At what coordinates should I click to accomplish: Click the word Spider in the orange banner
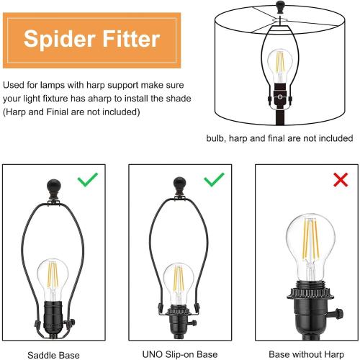click(59, 40)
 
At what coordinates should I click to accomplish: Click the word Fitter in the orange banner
click(131, 38)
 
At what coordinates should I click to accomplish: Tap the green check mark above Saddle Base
click(88, 179)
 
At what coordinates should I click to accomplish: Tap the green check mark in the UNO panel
click(214, 179)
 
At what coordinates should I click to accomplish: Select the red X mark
click(341, 179)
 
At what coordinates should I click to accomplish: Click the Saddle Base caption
click(53, 355)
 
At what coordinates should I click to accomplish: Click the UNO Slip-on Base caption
click(180, 354)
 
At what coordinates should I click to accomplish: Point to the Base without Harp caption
click(307, 354)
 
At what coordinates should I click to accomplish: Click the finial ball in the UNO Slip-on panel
click(179, 184)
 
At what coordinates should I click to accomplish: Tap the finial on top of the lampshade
click(280, 6)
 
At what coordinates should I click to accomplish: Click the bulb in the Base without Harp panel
click(310, 247)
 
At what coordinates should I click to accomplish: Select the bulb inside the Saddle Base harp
click(53, 279)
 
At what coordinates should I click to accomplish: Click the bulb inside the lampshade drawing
click(280, 66)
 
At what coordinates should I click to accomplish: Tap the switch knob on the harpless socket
click(338, 314)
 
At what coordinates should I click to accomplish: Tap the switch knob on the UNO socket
click(194, 323)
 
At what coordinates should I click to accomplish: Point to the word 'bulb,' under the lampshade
click(216, 138)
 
